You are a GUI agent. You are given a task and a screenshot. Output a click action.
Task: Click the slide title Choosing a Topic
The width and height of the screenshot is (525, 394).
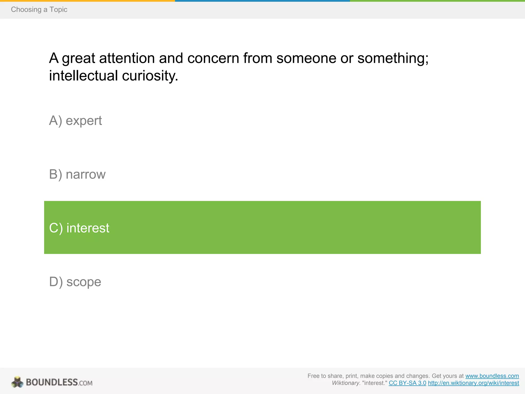39,9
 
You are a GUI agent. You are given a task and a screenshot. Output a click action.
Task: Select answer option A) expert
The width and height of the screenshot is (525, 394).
75,121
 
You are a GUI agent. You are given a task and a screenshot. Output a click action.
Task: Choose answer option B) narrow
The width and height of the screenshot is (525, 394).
77,174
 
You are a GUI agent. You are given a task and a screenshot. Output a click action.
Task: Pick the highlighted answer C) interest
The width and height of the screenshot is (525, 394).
79,228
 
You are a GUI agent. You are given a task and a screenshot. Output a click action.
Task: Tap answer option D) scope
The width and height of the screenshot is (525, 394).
75,282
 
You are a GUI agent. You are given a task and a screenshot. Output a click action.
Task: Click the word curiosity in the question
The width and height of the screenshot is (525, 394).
150,76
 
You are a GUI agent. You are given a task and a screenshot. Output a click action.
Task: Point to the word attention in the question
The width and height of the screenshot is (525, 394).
127,58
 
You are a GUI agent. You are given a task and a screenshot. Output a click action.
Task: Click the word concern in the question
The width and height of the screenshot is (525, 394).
213,58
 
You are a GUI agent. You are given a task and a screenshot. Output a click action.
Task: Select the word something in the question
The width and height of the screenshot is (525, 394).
393,58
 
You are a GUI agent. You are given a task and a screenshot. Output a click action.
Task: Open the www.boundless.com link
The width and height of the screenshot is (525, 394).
492,376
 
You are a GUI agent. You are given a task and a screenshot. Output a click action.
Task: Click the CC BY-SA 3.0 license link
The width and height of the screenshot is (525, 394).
407,383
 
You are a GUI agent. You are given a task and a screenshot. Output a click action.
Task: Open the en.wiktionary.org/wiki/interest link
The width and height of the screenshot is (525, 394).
473,383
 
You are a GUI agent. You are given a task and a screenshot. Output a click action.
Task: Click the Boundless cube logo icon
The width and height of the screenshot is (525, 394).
17,382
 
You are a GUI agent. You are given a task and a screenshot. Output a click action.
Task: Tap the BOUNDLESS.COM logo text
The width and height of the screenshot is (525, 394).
59,382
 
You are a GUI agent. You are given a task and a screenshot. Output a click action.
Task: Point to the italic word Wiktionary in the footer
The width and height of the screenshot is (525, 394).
346,383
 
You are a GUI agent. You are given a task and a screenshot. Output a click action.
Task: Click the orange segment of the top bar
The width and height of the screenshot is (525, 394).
87,1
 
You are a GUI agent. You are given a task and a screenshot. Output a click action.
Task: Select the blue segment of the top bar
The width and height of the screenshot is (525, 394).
262,1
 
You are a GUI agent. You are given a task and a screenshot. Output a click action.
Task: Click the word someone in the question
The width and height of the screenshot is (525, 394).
306,58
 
